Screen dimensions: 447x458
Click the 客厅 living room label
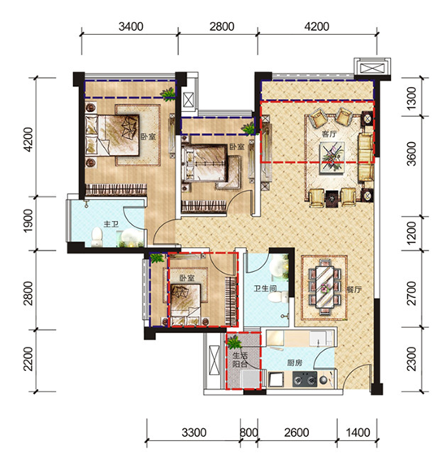329,134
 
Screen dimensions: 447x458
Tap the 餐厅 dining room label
354,289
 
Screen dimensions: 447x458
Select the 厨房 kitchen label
294,363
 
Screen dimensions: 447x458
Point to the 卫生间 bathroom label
265,289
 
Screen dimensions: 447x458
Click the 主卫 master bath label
111,224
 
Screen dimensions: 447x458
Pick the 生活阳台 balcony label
240,360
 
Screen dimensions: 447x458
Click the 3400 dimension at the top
131,27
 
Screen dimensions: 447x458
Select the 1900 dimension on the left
28,221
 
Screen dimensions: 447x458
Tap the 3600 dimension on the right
411,153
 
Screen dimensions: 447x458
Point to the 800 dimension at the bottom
249,432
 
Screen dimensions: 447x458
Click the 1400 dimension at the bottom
358,432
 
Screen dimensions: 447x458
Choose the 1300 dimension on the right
411,97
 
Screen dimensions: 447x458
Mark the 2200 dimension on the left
28,359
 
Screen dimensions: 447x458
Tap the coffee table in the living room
332,157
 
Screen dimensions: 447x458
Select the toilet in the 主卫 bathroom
97,236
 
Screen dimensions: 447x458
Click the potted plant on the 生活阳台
234,342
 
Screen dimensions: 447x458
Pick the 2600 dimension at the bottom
297,432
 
